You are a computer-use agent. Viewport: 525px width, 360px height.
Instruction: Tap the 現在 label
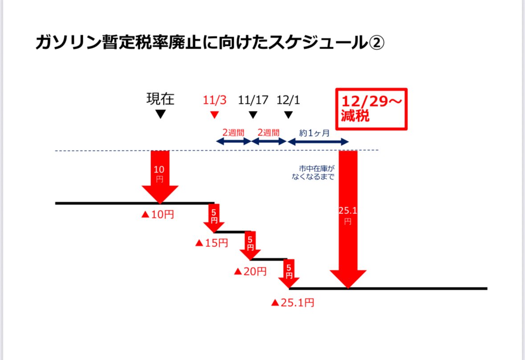coord(160,99)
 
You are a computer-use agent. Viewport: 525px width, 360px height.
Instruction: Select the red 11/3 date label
coord(215,100)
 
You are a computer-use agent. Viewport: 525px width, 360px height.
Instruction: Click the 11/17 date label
coord(253,100)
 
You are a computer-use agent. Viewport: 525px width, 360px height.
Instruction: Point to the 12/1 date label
coord(288,100)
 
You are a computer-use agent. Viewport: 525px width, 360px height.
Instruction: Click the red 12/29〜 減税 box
coord(371,109)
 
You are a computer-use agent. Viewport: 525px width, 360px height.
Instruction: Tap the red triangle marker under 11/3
coord(215,115)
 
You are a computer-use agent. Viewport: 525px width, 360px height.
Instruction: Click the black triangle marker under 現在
coord(161,115)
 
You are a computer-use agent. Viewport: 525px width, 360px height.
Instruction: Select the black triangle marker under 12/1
coord(288,115)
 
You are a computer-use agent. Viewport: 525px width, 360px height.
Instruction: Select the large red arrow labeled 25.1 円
coord(348,218)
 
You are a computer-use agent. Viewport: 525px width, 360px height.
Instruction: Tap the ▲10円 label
coord(158,215)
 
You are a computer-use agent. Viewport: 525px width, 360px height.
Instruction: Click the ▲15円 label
coord(212,243)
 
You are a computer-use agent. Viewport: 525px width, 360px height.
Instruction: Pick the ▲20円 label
coord(250,271)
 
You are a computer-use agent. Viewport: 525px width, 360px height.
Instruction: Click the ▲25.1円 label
coord(293,303)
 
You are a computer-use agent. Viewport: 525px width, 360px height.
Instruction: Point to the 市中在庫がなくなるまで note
coord(317,172)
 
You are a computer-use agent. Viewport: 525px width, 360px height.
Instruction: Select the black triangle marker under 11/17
coord(253,115)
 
